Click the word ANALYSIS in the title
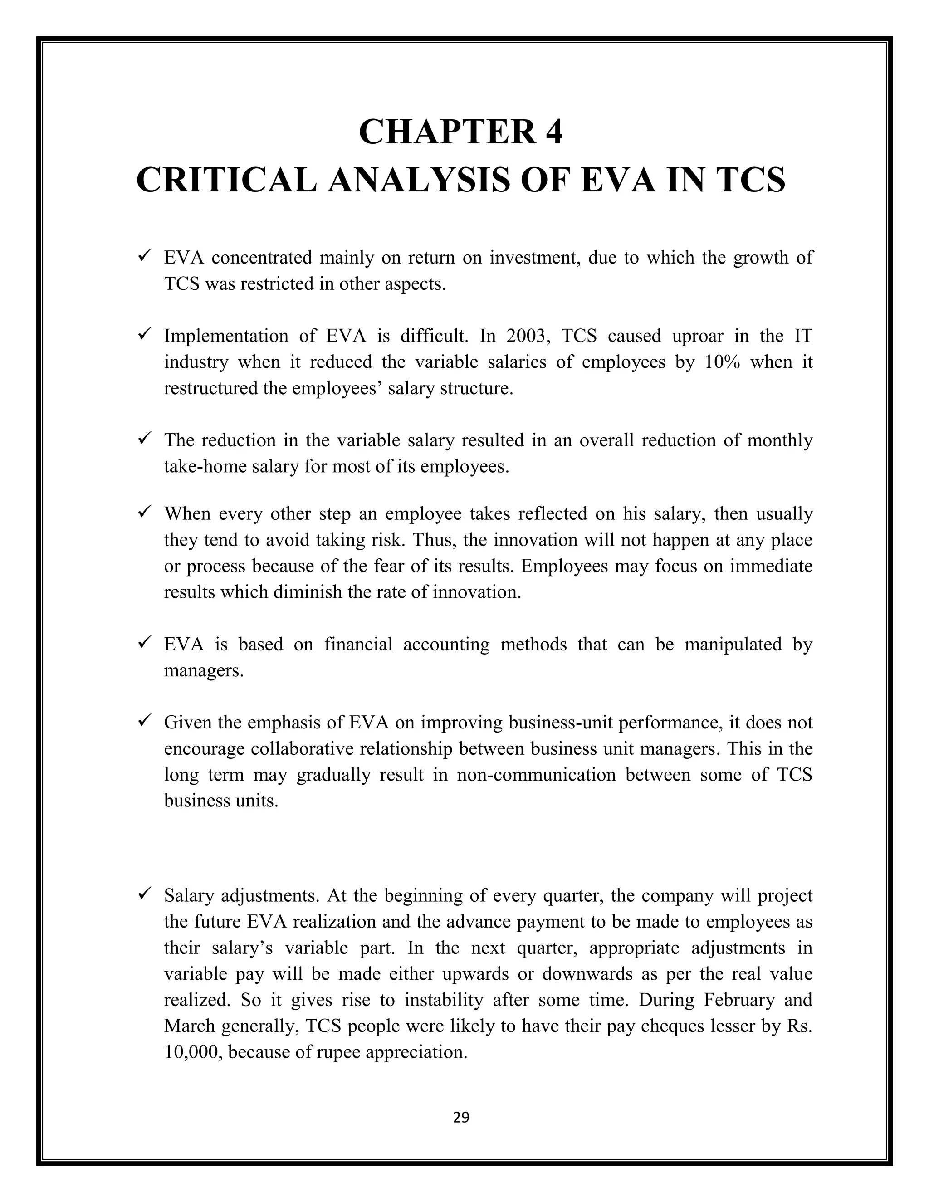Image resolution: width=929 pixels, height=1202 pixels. [419, 180]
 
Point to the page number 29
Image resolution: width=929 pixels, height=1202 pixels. [461, 1117]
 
